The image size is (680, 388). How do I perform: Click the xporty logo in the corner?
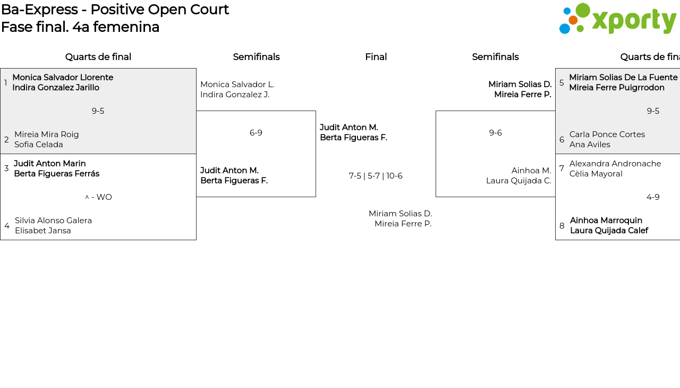point(617,19)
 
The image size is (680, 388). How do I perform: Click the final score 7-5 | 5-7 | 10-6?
point(376,176)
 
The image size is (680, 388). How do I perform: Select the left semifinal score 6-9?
point(256,133)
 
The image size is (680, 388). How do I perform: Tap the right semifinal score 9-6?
point(496,133)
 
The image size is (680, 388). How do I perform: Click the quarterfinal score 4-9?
point(653,197)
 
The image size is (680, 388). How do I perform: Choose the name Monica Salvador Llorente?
point(63,78)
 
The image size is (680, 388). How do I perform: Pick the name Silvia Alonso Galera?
point(53,221)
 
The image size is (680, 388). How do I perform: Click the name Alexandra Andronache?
point(615,164)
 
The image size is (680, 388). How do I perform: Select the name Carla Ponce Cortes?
point(607,134)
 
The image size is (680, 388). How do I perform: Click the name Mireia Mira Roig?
point(47,134)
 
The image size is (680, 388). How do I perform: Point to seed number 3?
point(6,168)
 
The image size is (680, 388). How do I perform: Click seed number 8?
point(562,226)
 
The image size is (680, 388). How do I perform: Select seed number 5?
point(562,83)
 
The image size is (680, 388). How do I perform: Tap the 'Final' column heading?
point(376,57)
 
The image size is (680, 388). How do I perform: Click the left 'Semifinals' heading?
point(256,57)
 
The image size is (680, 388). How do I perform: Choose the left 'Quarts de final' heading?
point(98,57)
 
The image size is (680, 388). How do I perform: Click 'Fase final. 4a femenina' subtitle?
point(80,27)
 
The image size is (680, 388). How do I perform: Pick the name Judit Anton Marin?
point(50,164)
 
